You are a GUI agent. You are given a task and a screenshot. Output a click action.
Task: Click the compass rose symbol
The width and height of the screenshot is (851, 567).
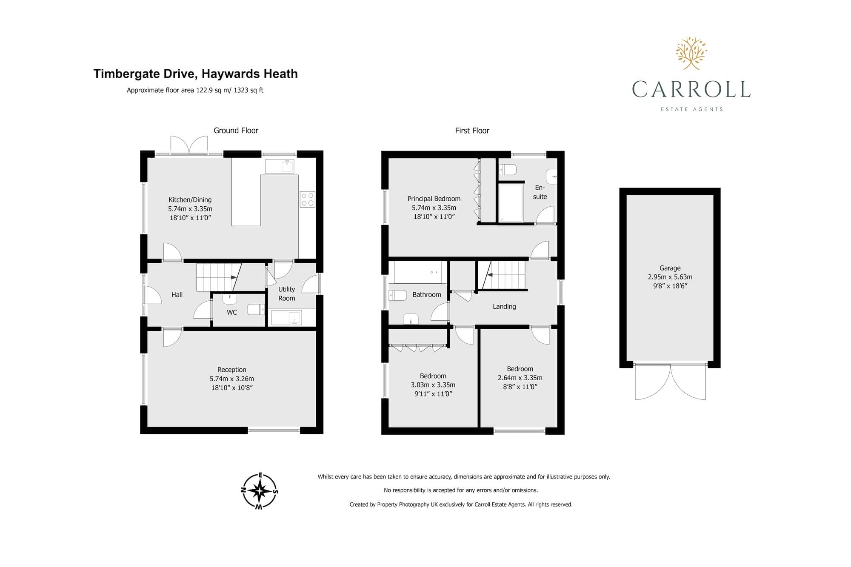[x=260, y=491]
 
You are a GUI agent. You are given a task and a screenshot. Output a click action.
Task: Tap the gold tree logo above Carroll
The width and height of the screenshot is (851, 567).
[x=691, y=53]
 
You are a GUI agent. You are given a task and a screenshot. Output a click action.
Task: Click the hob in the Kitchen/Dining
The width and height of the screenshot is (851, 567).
[x=308, y=199]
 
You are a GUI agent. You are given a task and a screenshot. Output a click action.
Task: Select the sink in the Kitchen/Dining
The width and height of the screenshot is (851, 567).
[x=280, y=166]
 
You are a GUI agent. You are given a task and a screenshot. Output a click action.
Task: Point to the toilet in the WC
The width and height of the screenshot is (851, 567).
[x=256, y=309]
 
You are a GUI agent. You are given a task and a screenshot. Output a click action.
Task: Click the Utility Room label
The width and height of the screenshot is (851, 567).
[x=286, y=293]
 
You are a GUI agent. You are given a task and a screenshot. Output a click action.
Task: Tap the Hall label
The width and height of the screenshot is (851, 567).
[x=177, y=295]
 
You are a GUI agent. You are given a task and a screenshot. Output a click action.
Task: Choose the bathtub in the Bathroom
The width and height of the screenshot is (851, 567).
[x=420, y=272]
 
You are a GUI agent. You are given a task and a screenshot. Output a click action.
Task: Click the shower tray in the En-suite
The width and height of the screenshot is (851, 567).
[x=511, y=203]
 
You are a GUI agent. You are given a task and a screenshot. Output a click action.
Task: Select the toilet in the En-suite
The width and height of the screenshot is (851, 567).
[x=508, y=170]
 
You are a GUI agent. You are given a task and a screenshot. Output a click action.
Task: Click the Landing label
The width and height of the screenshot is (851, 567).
[x=504, y=306]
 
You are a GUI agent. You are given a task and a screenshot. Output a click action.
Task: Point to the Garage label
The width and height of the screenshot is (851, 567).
[x=670, y=268]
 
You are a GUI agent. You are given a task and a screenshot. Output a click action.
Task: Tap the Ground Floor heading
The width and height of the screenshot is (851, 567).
[x=236, y=131]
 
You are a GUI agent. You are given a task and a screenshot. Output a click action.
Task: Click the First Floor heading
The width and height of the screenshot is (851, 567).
[x=472, y=131]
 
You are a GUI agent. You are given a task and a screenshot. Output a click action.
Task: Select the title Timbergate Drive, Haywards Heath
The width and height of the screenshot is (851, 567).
[x=195, y=74]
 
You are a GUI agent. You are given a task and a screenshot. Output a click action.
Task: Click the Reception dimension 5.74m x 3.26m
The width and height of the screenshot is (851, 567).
[x=232, y=379]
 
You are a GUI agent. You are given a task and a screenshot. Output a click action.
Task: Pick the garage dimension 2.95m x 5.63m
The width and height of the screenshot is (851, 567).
[x=670, y=277]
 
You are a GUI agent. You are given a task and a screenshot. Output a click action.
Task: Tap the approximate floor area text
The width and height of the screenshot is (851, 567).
[x=195, y=90]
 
